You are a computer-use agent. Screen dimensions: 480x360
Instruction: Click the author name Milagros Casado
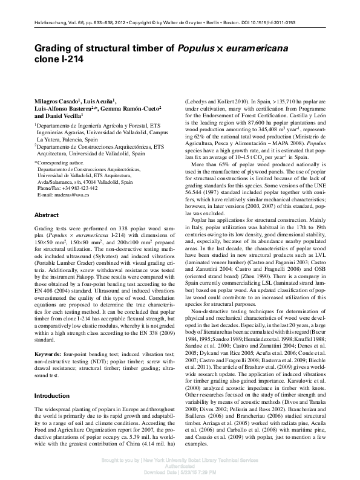click(x=55, y=100)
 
